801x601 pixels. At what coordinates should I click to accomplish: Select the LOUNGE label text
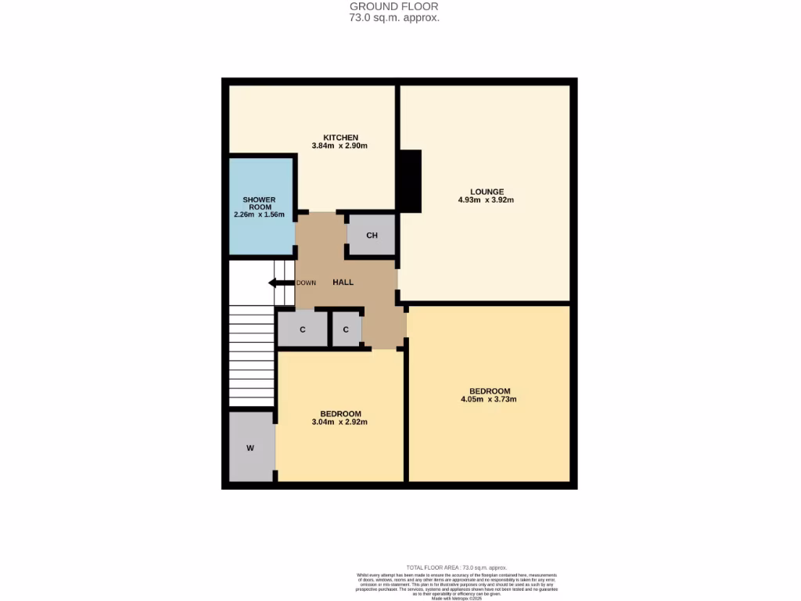click(x=487, y=192)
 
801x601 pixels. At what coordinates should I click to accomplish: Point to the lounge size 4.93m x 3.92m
click(x=487, y=200)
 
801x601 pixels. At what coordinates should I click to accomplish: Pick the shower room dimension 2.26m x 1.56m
click(x=259, y=214)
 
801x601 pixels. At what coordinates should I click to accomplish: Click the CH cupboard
click(x=372, y=236)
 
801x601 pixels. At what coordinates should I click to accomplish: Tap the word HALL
click(x=343, y=283)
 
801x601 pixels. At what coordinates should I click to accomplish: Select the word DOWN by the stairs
click(x=306, y=283)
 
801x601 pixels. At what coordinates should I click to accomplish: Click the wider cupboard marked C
click(x=303, y=329)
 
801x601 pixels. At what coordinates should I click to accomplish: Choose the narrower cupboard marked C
click(x=346, y=329)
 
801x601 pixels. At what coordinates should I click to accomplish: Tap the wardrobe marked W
click(x=250, y=448)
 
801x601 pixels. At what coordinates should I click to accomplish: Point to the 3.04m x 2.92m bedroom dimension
click(x=340, y=423)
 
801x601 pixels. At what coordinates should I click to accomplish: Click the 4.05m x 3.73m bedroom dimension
click(x=490, y=400)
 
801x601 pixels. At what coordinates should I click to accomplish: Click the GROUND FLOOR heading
click(x=394, y=6)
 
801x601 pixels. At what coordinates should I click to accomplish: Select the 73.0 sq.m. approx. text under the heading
click(x=394, y=16)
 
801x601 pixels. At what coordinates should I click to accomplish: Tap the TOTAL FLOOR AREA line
click(x=457, y=567)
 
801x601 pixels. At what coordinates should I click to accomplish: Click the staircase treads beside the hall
click(x=251, y=360)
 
